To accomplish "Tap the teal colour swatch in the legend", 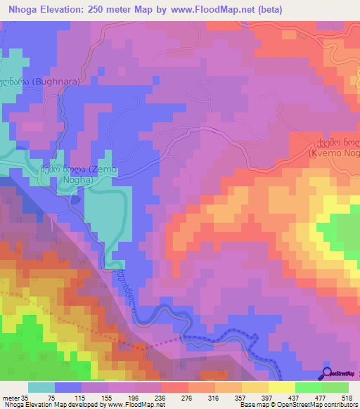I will pos(41,387).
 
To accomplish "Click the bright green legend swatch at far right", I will pos(335,387).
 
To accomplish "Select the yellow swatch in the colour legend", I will pos(281,387).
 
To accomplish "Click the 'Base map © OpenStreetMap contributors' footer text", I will pos(296,405).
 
